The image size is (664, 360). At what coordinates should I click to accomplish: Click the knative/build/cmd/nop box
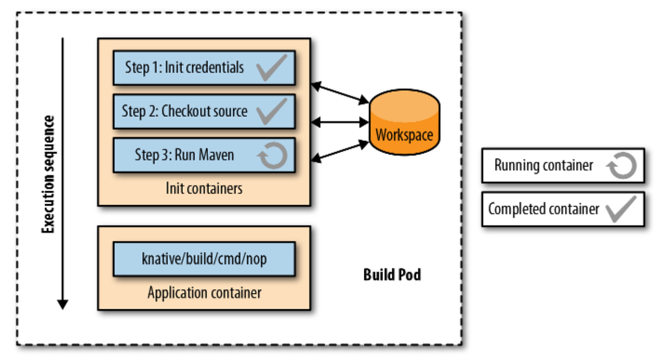click(204, 259)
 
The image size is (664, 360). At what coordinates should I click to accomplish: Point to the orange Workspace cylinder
click(404, 126)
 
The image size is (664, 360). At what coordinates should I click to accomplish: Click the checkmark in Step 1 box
click(271, 68)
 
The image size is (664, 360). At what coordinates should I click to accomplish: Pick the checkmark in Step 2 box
click(271, 111)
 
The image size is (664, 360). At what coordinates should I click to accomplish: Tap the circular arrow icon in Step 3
click(272, 155)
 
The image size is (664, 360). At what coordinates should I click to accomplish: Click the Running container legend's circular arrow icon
click(622, 166)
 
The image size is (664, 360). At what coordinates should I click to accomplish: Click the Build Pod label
click(392, 275)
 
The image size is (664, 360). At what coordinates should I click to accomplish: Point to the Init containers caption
click(204, 188)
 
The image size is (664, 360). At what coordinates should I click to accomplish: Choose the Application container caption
click(204, 292)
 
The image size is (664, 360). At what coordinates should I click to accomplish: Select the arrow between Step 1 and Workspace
click(340, 94)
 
